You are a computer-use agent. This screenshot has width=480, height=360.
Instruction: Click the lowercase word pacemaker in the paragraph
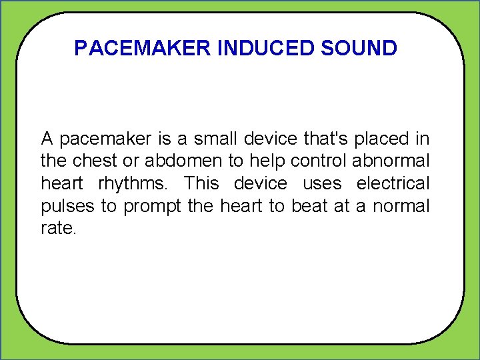[x=107, y=139]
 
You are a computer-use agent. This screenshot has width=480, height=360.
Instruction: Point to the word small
[x=216, y=139]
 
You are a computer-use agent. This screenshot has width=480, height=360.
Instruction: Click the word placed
[x=383, y=139]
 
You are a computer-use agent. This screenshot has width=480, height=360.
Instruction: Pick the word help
[x=267, y=161]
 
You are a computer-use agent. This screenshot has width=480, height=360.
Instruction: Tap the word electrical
[x=393, y=183]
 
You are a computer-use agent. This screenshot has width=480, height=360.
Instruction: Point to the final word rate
[x=59, y=229]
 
